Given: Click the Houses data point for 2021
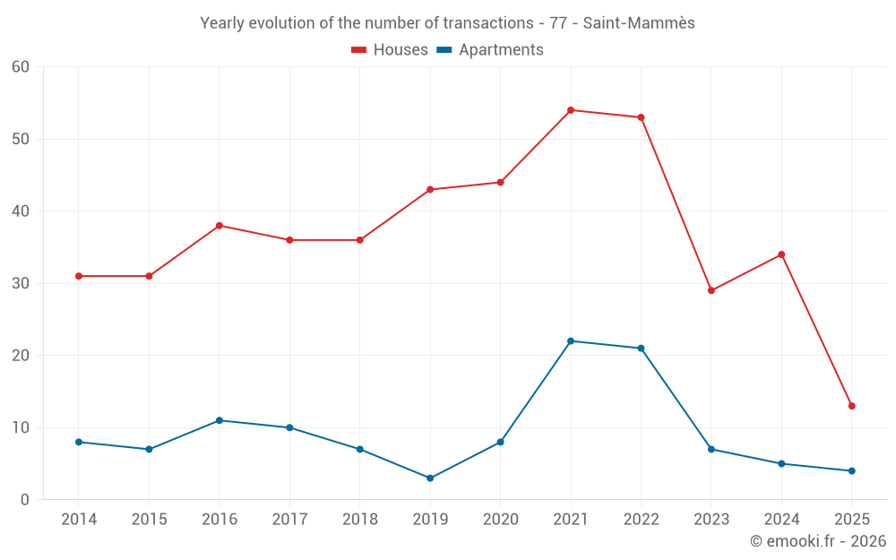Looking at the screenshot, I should (x=571, y=110).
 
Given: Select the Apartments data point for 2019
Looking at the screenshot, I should (x=430, y=478).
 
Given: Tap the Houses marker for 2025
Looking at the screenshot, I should (x=851, y=406).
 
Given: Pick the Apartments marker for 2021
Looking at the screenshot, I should (x=571, y=340).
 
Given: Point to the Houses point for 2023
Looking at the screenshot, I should (x=711, y=290).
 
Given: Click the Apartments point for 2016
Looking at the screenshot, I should (x=220, y=420).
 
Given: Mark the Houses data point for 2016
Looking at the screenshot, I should (x=220, y=226).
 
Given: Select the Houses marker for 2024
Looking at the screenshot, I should (x=781, y=254).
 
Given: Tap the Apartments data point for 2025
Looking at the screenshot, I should (x=851, y=470).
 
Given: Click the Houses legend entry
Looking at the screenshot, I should (x=390, y=50).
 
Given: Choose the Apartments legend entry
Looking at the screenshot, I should (x=490, y=50).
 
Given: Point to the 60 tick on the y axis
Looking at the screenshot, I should (x=21, y=67).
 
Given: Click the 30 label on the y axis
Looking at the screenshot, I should (x=21, y=283).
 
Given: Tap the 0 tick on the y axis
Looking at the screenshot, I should (x=25, y=499).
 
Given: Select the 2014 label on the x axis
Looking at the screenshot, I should (x=79, y=520).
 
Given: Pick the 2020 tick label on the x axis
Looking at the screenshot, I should (x=500, y=520).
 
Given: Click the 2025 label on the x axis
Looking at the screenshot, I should (x=851, y=520).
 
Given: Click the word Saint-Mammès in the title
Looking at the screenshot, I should (x=639, y=23).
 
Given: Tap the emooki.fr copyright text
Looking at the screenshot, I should (x=818, y=541).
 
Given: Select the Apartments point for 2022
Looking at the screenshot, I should (x=641, y=349).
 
